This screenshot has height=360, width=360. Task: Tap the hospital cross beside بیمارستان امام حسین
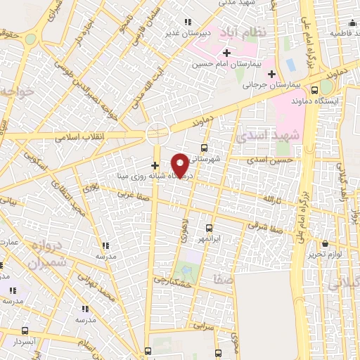tap(227, 53)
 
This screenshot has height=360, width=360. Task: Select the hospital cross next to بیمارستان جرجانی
tap(271, 74)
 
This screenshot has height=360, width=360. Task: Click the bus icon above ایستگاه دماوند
tap(314, 89)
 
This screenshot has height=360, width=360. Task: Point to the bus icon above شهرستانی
tap(204, 148)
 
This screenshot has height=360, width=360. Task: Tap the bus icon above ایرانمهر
tap(209, 228)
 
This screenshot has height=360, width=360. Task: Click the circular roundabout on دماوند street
tap(157, 131)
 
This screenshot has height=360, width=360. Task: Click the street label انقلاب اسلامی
tap(79, 136)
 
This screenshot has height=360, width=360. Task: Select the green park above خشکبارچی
tap(185, 270)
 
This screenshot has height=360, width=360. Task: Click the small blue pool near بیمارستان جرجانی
tap(290, 65)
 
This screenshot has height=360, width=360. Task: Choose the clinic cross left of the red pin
tap(155, 165)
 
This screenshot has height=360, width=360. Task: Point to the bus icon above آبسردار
tap(25, 330)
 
